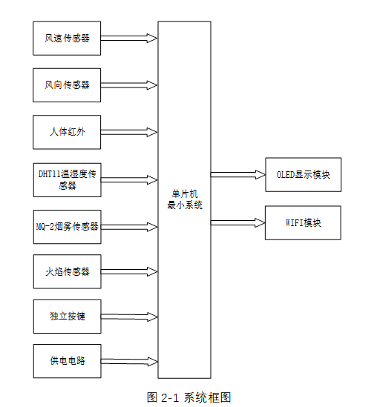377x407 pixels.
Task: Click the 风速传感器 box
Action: pos(67,38)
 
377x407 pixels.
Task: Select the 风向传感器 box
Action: pos(67,85)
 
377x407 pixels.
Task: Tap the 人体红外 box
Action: pos(67,132)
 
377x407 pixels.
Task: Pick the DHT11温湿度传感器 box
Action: pos(67,179)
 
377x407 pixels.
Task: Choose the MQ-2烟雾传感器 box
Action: pos(67,226)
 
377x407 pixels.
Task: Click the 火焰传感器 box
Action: pos(67,271)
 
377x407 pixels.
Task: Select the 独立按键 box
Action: pos(67,317)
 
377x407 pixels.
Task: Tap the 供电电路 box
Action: pos(67,361)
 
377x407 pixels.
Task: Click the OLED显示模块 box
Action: pos(303,175)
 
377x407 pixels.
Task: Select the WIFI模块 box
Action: pos(303,222)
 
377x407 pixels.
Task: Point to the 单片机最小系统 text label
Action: pos(184,199)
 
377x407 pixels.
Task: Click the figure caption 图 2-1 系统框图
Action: pos(189,397)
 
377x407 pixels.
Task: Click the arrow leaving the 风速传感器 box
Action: pos(129,38)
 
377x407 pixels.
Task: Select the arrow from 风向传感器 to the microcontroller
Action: pos(129,85)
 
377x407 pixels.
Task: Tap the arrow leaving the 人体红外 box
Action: pos(129,133)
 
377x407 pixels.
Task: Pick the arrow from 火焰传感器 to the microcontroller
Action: pos(129,271)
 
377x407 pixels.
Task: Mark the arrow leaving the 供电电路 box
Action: pos(129,361)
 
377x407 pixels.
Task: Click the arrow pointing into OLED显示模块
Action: pos(237,175)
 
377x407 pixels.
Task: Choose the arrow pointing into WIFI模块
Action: pos(237,222)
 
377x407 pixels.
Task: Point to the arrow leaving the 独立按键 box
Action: pos(129,317)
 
